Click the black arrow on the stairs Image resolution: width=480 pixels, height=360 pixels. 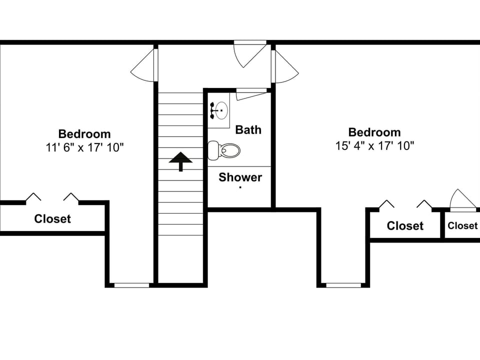pos(180,161)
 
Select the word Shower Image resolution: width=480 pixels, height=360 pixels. pos(240,177)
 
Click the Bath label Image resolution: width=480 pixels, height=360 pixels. pos(248,129)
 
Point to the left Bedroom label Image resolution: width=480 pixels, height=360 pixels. pos(84,134)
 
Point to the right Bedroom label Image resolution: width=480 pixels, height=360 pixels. pos(374,132)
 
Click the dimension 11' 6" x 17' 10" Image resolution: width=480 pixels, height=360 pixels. pos(84,147)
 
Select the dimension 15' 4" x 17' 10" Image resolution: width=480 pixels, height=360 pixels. pos(374,146)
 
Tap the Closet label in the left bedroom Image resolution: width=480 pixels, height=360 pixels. pos(52,218)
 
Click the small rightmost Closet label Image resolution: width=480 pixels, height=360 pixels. pos(462,225)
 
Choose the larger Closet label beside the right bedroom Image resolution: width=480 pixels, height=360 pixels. pos(405,226)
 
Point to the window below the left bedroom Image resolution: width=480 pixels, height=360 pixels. pos(131,285)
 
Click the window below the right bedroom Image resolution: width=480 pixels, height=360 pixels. pos(343,285)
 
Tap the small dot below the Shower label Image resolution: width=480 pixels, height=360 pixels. pos(240,187)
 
